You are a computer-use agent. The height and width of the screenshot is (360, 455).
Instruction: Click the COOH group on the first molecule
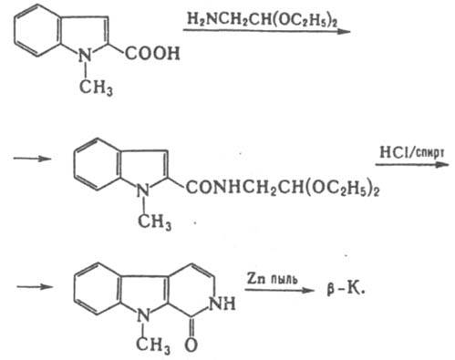click(152, 53)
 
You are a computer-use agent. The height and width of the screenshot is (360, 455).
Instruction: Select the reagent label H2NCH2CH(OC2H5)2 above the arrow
click(263, 19)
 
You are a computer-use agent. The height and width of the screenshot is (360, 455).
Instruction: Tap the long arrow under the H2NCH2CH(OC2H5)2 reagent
click(266, 31)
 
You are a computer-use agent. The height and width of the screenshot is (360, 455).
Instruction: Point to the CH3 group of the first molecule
click(96, 87)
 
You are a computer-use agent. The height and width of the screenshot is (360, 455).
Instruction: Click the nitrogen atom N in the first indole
click(85, 56)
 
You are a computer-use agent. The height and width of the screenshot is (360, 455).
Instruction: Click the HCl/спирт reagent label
click(412, 152)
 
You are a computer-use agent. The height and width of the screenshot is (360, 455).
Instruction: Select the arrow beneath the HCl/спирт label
click(412, 165)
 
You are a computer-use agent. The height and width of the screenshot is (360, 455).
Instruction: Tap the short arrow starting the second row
click(32, 159)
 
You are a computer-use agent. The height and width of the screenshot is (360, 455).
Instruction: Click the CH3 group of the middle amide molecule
click(154, 221)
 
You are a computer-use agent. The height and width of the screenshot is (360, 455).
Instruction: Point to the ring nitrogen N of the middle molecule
click(143, 190)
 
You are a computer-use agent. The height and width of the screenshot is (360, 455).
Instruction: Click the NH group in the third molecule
click(222, 303)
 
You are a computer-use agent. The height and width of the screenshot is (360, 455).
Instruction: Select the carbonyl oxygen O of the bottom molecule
click(191, 345)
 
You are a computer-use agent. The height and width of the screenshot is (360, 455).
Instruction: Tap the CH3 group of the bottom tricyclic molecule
click(153, 345)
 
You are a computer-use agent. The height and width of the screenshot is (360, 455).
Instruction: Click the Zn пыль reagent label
click(272, 279)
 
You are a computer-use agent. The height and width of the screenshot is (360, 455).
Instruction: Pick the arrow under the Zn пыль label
click(280, 291)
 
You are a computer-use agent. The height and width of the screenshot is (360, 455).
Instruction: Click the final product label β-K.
click(346, 289)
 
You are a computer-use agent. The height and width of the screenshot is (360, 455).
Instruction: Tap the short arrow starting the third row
click(35, 286)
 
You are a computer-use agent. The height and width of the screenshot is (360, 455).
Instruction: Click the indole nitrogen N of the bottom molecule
click(143, 316)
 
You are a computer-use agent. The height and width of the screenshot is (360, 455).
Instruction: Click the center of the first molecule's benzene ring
click(36, 30)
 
